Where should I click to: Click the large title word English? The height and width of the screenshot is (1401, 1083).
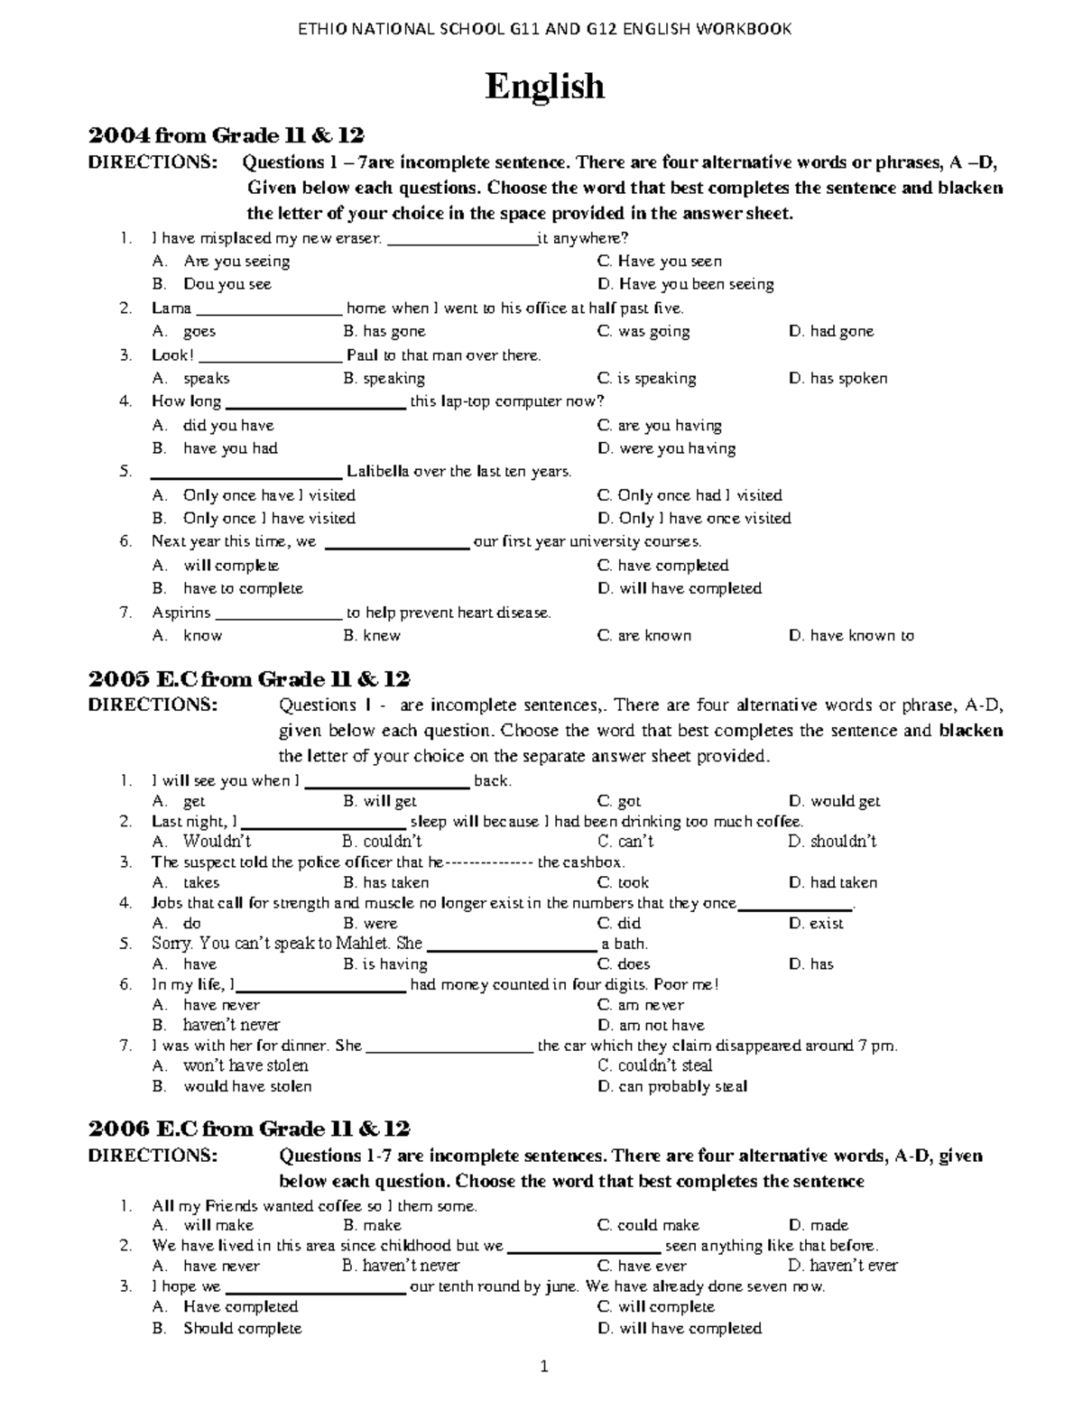click(x=544, y=87)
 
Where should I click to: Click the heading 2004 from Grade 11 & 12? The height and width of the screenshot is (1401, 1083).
click(x=226, y=136)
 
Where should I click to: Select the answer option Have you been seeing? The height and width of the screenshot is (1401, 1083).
click(x=696, y=284)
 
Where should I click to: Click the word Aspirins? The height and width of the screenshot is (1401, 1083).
click(x=180, y=613)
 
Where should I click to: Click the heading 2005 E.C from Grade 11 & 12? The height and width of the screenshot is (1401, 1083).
click(x=249, y=679)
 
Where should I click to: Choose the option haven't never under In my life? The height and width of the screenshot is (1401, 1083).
click(x=231, y=1025)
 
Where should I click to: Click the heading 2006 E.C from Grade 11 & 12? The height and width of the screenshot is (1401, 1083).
click(x=249, y=1129)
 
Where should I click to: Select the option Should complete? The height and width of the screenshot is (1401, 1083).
click(x=242, y=1328)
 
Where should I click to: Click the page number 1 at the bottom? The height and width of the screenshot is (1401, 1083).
click(x=544, y=1367)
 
